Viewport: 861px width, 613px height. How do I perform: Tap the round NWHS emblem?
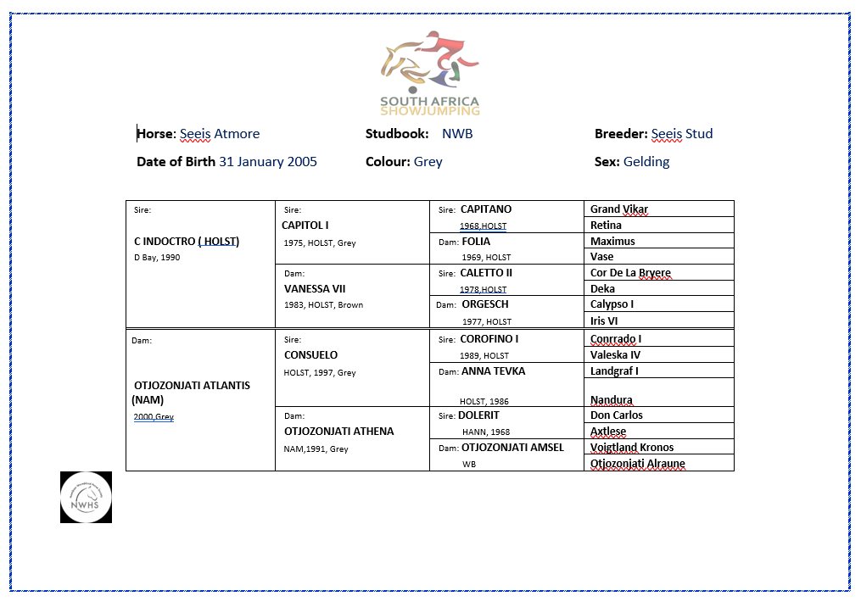(x=86, y=497)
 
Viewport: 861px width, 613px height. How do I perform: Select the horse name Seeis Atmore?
(x=220, y=134)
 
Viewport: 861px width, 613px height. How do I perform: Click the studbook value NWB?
(x=457, y=134)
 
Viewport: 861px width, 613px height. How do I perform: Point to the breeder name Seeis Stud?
(x=682, y=134)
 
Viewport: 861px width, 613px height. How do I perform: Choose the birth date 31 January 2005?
(x=268, y=162)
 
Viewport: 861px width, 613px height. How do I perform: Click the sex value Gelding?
(x=646, y=162)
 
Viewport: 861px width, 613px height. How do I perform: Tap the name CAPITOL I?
(x=305, y=226)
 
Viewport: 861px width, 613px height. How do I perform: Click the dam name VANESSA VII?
(x=314, y=289)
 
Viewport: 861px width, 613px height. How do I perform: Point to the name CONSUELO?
(x=310, y=355)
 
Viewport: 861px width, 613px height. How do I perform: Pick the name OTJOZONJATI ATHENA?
(x=338, y=432)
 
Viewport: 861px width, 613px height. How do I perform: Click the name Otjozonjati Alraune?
(x=638, y=464)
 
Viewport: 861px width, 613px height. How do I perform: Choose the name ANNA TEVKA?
(x=493, y=371)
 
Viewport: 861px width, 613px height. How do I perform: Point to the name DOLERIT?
(x=478, y=415)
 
